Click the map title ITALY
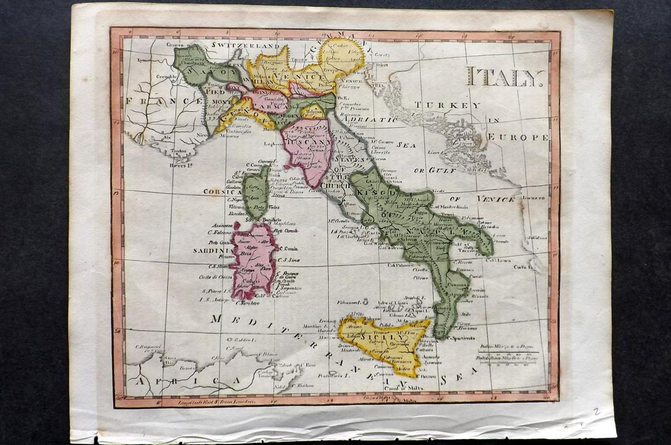506,77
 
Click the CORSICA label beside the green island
223,191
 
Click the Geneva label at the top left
176,44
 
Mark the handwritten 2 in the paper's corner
595,412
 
